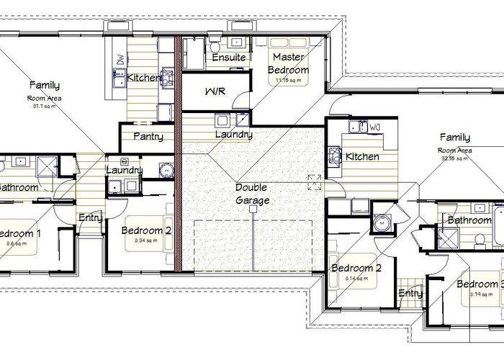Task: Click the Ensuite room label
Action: pyautogui.click(x=230, y=58)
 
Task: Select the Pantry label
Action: pyautogui.click(x=148, y=137)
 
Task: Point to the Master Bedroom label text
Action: pyautogui.click(x=288, y=63)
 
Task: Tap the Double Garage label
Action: pyautogui.click(x=252, y=194)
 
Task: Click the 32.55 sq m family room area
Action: pyautogui.click(x=454, y=158)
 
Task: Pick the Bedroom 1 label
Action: pyautogui.click(x=20, y=233)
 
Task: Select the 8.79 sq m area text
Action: pyautogui.click(x=479, y=294)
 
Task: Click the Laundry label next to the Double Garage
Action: pyautogui.click(x=233, y=135)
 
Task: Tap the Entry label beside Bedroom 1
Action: pyautogui.click(x=90, y=218)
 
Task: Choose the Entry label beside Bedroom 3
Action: pyautogui.click(x=410, y=293)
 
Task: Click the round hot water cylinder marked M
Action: pyautogui.click(x=382, y=222)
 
